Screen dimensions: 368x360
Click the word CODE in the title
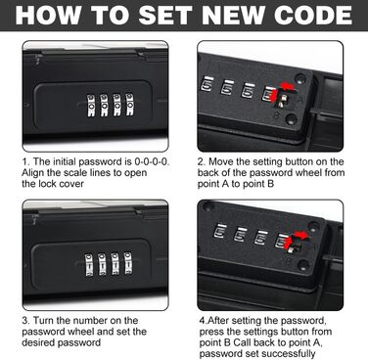click(312, 15)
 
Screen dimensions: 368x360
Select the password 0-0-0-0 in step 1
click(152, 161)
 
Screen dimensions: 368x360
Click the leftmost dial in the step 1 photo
click(91, 106)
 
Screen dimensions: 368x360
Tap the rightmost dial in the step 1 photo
click(130, 105)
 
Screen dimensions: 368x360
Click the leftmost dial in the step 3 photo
click(89, 264)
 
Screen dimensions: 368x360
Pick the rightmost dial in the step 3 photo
click(128, 263)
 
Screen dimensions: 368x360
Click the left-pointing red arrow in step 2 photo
click(288, 86)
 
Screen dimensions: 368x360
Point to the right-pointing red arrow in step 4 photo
click(300, 235)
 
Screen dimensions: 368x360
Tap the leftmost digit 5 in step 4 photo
click(220, 232)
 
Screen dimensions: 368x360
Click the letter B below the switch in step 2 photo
click(276, 114)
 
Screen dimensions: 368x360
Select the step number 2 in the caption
click(201, 161)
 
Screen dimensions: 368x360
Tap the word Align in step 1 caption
click(32, 173)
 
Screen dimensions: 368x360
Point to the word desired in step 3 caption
click(39, 342)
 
